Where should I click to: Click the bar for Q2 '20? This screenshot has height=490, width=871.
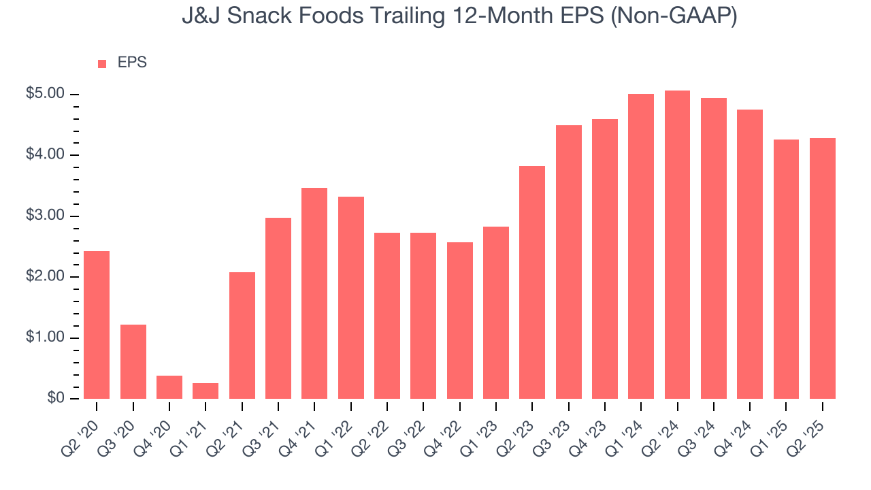pos(97,325)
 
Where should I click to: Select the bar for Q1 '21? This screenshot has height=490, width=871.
pos(206,391)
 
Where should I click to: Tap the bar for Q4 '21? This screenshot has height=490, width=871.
pos(314,293)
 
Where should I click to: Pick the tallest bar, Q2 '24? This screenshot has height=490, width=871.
pos(677,244)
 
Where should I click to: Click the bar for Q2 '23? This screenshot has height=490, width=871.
pos(532,282)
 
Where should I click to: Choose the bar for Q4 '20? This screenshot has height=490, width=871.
pos(169,387)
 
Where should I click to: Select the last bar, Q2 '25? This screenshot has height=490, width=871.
pos(823,268)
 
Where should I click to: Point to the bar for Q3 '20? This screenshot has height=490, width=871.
pos(133,361)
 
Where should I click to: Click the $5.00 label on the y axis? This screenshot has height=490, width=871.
pos(44,94)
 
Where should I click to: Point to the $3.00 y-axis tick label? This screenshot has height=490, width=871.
pos(44,216)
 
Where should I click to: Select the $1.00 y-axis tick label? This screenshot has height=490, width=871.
pos(44,338)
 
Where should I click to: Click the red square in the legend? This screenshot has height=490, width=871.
pos(102,63)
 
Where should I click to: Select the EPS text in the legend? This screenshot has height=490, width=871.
pos(132,63)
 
